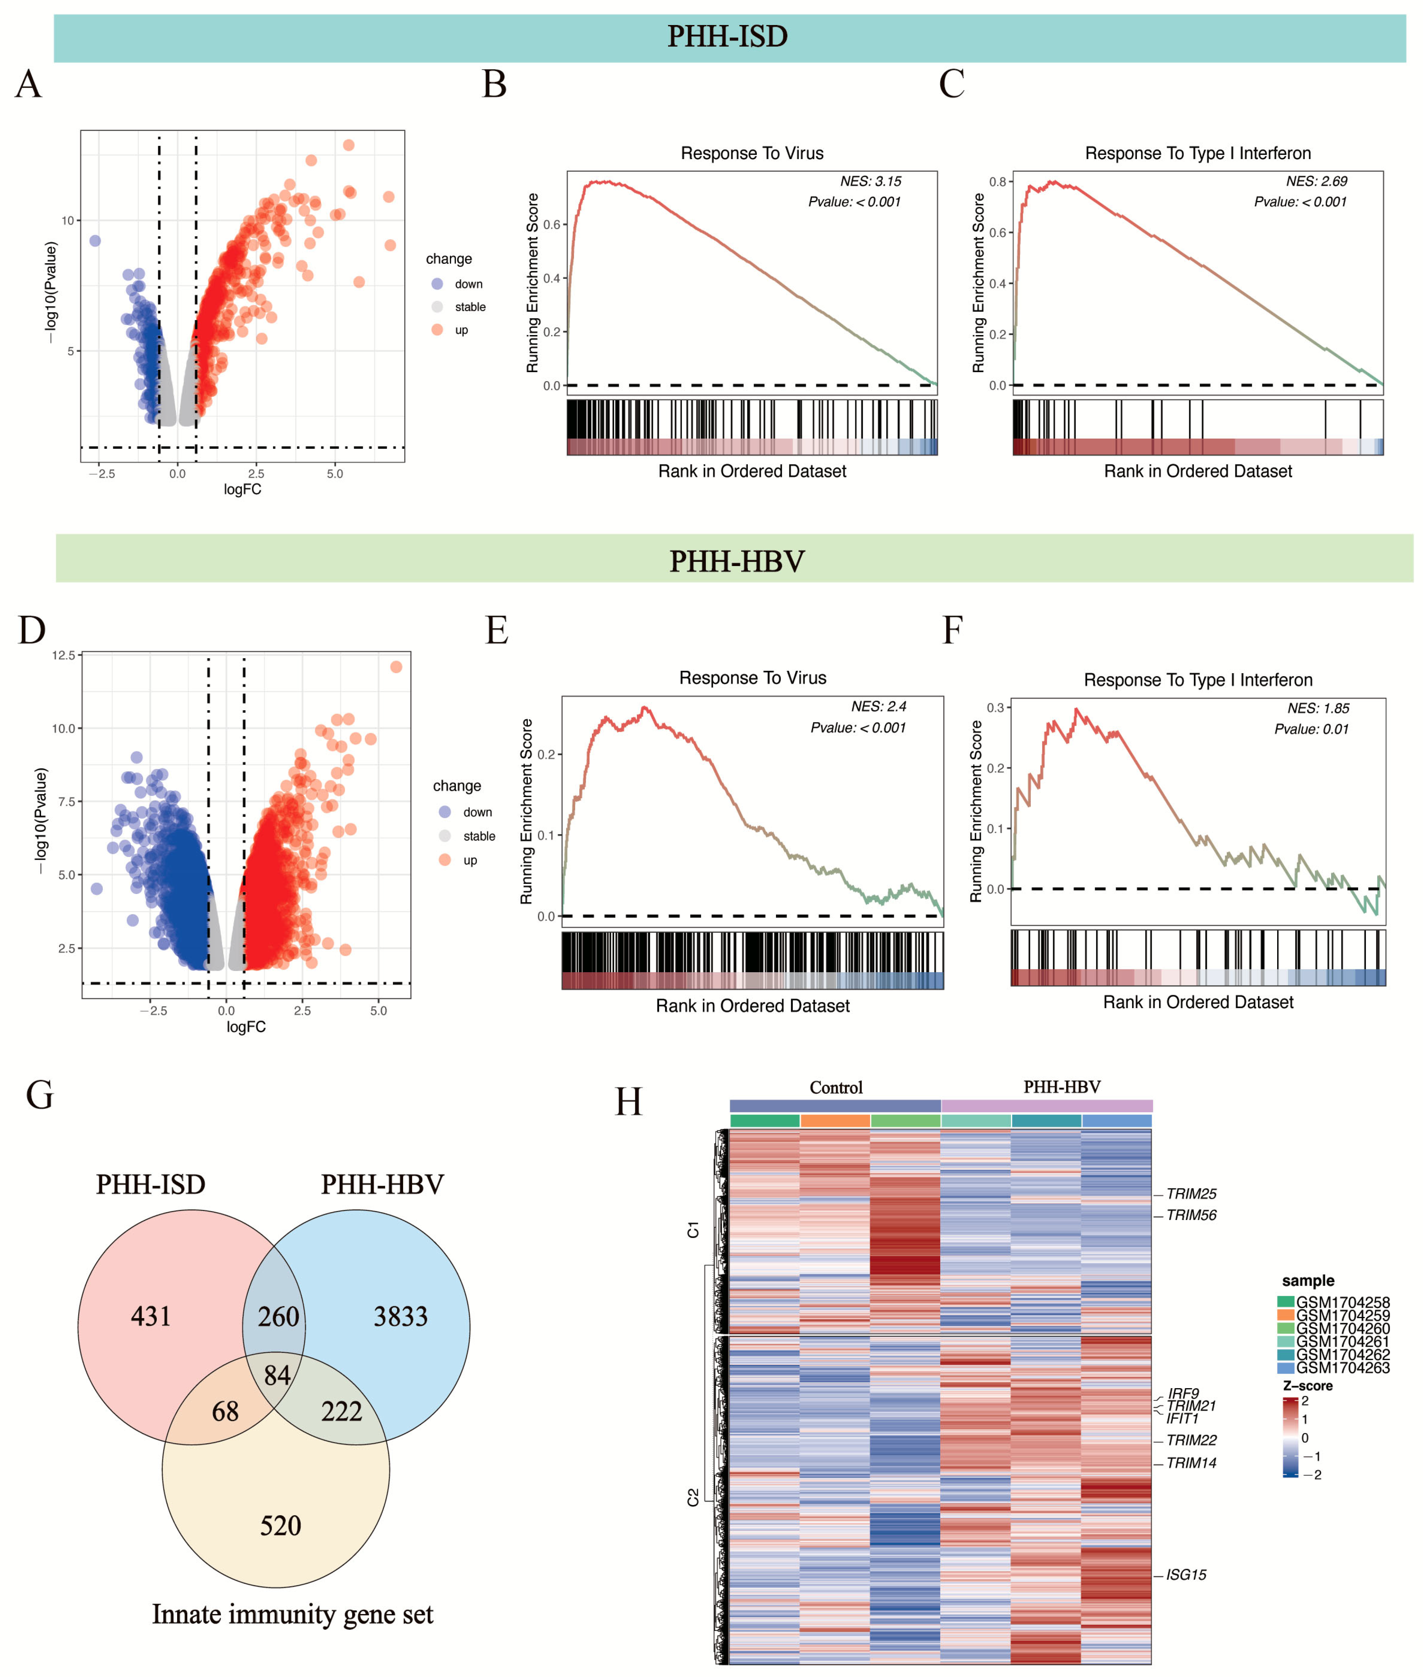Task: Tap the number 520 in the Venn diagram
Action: click(x=280, y=1525)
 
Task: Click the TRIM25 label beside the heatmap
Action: click(x=1191, y=1194)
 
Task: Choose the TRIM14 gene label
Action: click(x=1191, y=1462)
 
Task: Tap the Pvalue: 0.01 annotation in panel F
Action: click(x=1311, y=729)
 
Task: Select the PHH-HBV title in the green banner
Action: click(x=737, y=561)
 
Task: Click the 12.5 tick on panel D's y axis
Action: click(x=64, y=655)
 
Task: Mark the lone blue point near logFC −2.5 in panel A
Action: click(x=95, y=240)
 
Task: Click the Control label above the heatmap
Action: click(x=836, y=1088)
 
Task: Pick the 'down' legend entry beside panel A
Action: click(x=468, y=284)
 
